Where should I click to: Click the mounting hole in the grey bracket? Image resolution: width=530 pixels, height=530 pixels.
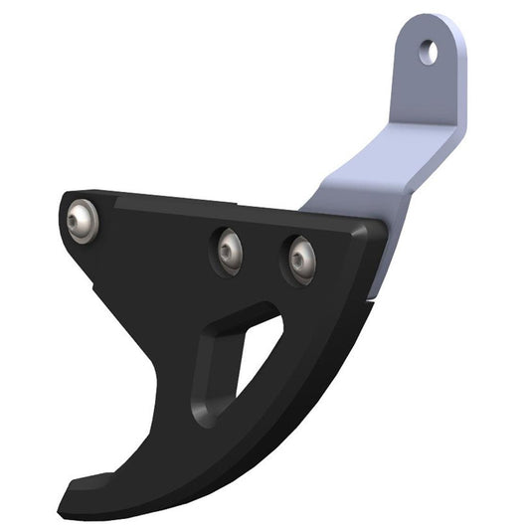pos(428,51)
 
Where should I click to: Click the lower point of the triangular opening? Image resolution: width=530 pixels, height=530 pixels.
pos(239,391)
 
